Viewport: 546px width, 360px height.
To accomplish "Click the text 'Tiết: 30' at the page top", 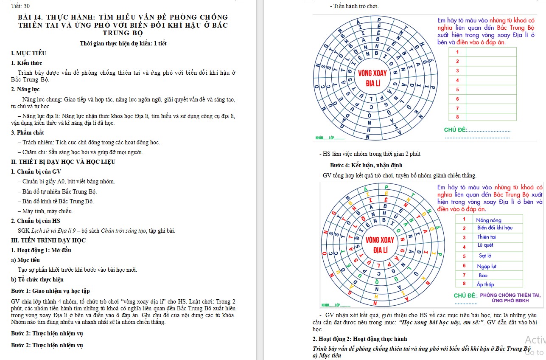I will point(21,6).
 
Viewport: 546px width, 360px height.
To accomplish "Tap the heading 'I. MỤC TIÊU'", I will point(29,53).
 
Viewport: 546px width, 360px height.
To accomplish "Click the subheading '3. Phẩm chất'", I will point(28,132).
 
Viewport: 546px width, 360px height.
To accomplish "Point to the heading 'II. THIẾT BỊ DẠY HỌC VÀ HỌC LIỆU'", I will point(63,162).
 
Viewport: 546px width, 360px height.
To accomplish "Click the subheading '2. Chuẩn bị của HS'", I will point(36,221).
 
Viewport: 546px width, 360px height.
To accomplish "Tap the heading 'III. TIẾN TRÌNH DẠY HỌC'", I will point(48,240).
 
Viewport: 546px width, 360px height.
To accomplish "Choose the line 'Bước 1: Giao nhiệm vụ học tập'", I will point(50,291).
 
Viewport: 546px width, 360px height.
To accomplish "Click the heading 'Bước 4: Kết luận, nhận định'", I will point(366,165).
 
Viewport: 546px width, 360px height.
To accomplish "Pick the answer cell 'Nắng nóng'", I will point(489,220).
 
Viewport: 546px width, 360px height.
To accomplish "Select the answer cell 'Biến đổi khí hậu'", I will point(495,228).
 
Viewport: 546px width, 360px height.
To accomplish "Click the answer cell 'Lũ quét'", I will point(485,245).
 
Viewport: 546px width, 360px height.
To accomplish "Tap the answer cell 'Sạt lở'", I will point(485,256).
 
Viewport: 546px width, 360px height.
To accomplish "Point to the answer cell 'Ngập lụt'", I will point(487,266).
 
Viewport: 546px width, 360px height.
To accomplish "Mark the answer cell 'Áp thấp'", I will point(485,284).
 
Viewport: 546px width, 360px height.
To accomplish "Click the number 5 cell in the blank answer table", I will point(457,89).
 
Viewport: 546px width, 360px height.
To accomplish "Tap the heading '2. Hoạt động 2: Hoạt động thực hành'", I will point(360,339).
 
